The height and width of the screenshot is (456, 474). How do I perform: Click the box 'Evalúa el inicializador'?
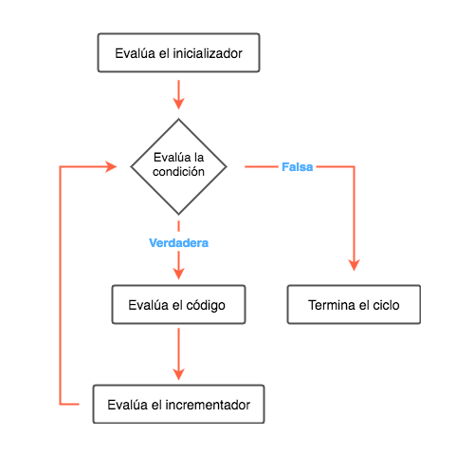point(178,53)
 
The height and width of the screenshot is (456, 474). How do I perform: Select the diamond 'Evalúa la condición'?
point(178,166)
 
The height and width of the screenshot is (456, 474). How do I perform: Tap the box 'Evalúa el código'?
point(178,305)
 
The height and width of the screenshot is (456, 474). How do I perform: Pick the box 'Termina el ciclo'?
point(354,305)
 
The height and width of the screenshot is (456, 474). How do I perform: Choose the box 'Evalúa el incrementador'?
point(178,404)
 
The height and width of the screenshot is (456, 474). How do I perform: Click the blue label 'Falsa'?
point(298,167)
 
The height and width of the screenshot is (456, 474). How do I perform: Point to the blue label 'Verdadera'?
point(178,243)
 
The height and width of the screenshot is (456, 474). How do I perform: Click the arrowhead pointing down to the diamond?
point(178,104)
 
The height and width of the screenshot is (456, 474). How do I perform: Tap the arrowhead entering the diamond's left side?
point(111,166)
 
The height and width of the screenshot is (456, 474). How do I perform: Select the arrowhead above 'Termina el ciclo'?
point(354,265)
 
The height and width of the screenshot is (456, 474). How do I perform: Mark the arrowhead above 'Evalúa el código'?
point(178,274)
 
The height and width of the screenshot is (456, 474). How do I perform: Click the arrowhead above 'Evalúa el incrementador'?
point(178,374)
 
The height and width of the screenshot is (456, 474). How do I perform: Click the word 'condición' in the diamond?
point(178,172)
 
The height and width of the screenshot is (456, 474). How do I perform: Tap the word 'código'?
point(206,306)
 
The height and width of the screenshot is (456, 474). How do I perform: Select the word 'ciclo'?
point(386,305)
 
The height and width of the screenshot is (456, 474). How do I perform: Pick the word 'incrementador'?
point(208,405)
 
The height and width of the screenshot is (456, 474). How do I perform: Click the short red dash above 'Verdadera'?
point(178,226)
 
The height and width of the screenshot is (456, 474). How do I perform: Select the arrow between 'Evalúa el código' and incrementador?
point(178,354)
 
